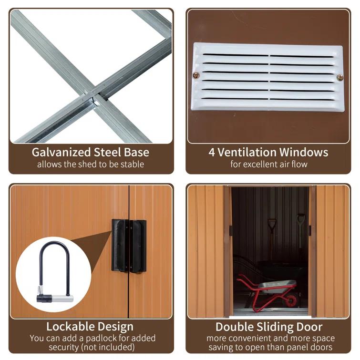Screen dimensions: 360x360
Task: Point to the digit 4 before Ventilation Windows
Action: [212, 153]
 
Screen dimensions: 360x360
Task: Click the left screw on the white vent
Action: [196, 75]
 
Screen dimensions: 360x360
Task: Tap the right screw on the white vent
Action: [339, 77]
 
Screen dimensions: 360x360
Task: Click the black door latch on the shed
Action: [129, 246]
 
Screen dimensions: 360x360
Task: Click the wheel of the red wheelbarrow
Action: [289, 300]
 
